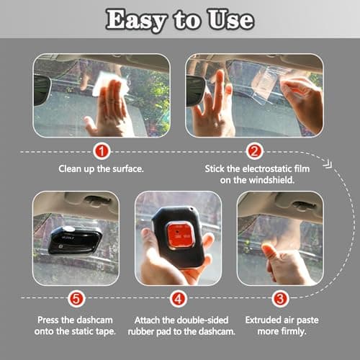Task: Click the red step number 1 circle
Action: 102,152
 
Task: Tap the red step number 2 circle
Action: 254,152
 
